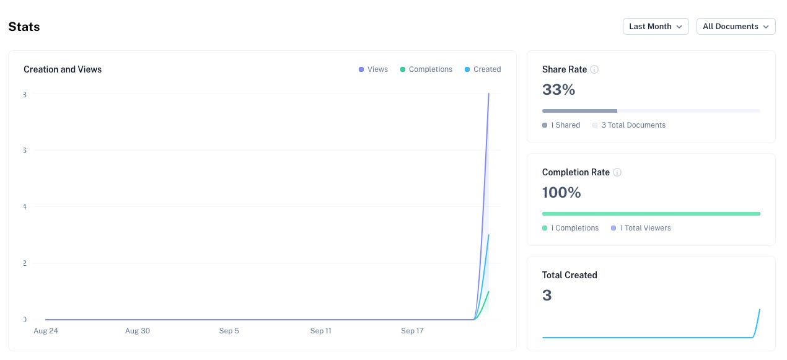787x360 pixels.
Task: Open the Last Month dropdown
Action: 655,27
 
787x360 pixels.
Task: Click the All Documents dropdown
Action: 736,27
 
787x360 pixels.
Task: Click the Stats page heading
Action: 24,27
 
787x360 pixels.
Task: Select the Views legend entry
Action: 373,69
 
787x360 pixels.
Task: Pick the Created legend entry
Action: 483,69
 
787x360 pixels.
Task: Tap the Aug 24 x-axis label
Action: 46,331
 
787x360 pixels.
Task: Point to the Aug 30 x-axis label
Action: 138,331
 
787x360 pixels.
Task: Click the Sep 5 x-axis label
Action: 229,331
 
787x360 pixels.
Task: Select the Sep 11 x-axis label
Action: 320,331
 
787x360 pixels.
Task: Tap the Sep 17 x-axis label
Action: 412,331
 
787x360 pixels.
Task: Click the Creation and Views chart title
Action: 63,69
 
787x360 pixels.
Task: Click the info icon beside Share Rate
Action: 594,69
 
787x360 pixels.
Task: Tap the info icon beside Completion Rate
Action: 617,172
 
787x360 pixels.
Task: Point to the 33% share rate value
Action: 558,90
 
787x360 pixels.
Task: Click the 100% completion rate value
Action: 561,193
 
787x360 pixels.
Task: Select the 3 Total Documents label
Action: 633,125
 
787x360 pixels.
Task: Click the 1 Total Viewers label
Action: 644,228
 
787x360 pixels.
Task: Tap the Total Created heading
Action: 569,275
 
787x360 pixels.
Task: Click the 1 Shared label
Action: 565,125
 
